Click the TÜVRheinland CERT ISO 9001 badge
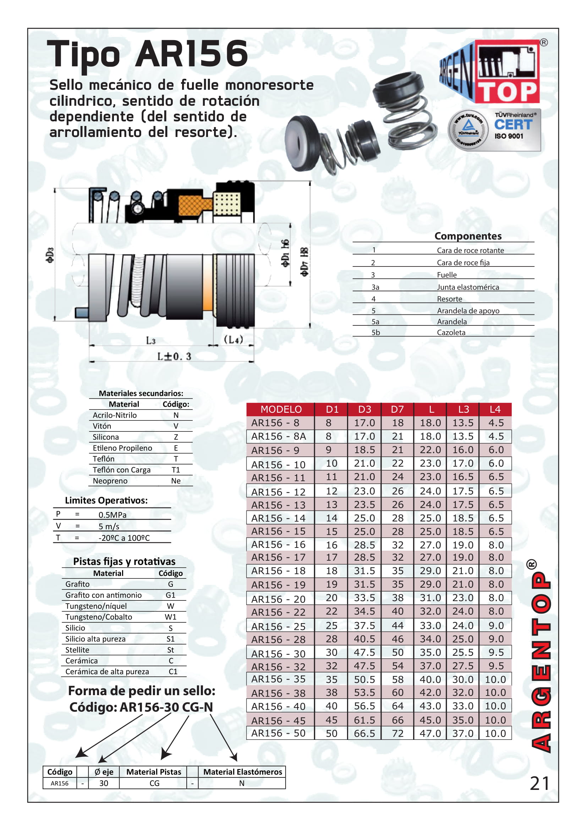(494, 130)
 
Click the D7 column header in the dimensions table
(397, 409)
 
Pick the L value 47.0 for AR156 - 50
(430, 733)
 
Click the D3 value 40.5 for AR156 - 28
(364, 639)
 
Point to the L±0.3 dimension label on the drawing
(174, 356)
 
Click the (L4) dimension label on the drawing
(233, 340)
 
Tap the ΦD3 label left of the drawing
(50, 254)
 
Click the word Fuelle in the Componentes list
(446, 275)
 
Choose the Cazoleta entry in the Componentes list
(451, 332)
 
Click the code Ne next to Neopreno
(176, 481)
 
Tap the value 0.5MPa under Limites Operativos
(113, 515)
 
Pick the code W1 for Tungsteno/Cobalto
(170, 617)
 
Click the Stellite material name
(77, 650)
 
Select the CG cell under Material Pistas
(154, 783)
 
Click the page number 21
(539, 784)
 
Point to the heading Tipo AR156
(148, 54)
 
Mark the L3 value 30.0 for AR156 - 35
(463, 679)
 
